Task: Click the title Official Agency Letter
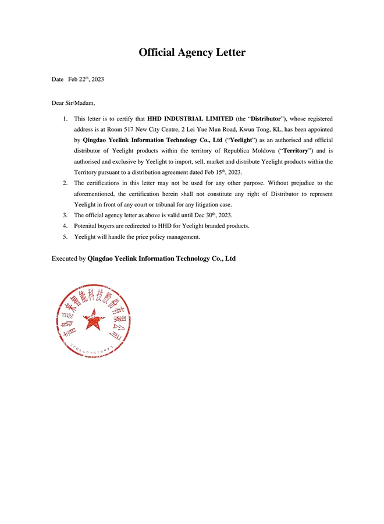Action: pyautogui.click(x=192, y=52)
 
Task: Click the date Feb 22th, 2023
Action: pyautogui.click(x=86, y=79)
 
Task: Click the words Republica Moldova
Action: pyautogui.click(x=236, y=151)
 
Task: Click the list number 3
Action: pyautogui.click(x=66, y=215)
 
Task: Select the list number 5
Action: pyautogui.click(x=66, y=236)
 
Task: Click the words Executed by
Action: pyautogui.click(x=68, y=258)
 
